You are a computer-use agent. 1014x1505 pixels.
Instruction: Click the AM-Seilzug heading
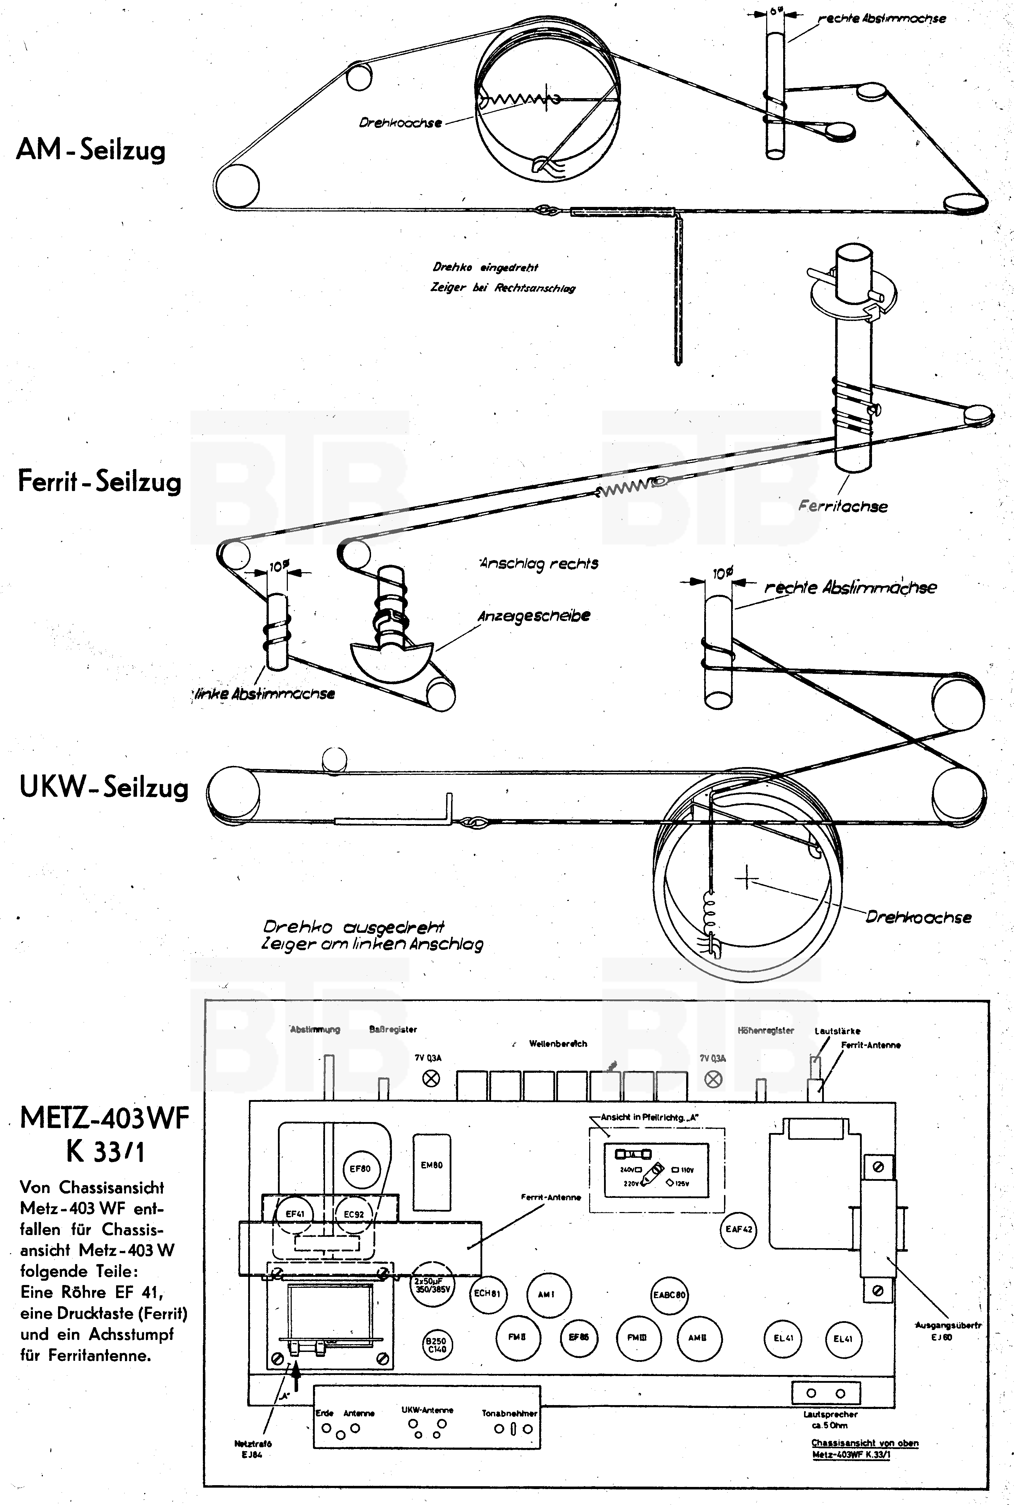[91, 150]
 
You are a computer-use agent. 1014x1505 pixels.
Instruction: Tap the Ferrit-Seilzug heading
[99, 481]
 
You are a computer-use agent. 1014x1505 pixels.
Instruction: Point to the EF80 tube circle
[360, 1168]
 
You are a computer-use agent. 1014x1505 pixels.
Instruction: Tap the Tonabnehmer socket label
[509, 1413]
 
